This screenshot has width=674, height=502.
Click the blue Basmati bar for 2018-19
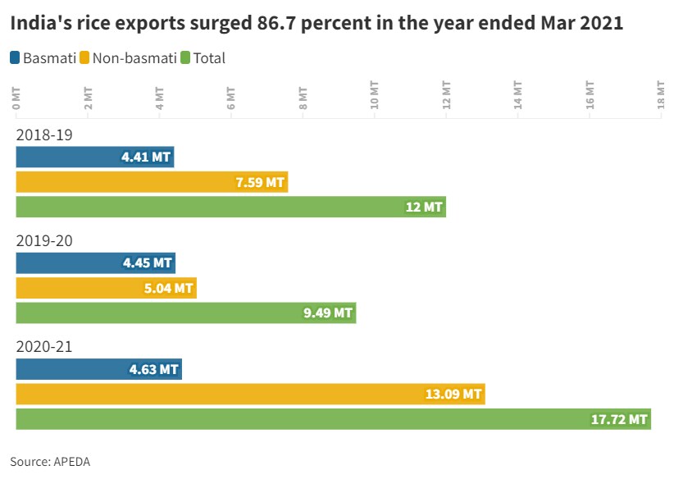tap(94, 157)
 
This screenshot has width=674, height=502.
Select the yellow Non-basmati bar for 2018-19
tap(152, 181)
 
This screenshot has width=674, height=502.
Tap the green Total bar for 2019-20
tap(186, 313)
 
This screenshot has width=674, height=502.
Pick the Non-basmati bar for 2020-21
tap(250, 394)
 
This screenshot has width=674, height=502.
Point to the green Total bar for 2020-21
tap(333, 418)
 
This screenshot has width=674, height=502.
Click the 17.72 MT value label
tap(619, 419)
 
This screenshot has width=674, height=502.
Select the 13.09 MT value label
tap(453, 394)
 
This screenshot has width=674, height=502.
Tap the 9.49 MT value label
tap(327, 313)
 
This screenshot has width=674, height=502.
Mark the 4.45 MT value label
tap(148, 263)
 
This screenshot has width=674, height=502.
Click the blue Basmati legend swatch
tap(16, 57)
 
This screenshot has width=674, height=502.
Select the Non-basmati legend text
tap(134, 58)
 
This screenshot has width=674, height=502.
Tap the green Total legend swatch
tap(186, 57)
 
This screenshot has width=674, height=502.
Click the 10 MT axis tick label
tap(375, 96)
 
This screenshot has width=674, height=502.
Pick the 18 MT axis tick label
tap(661, 96)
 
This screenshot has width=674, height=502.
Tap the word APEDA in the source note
tap(71, 462)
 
